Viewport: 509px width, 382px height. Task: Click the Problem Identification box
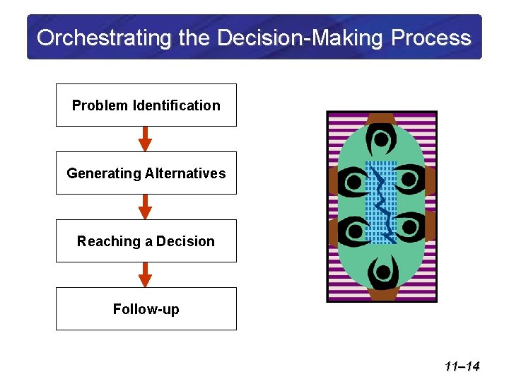(x=146, y=105)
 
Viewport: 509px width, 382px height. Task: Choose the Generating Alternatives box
(x=146, y=173)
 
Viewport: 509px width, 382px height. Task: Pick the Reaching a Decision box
(x=146, y=241)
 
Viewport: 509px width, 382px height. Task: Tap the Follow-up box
(x=146, y=309)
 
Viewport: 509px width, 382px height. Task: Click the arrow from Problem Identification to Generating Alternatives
(x=145, y=139)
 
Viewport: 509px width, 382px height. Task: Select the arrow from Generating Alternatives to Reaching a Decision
(x=145, y=207)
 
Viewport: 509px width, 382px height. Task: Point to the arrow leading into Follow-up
(x=145, y=274)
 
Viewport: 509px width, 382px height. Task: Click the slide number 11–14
(x=462, y=366)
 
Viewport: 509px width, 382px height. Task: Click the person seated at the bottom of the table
(x=382, y=272)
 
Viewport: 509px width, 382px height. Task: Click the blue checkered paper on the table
(x=381, y=202)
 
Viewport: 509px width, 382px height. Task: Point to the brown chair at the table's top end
(x=381, y=117)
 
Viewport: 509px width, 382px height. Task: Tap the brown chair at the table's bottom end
(x=382, y=294)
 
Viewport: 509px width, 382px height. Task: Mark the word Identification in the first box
(x=176, y=105)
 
